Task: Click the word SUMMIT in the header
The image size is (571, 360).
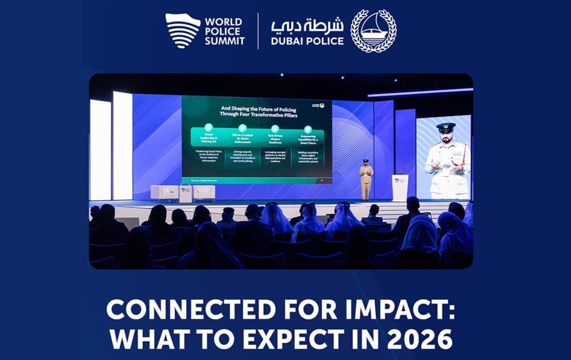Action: (x=225, y=41)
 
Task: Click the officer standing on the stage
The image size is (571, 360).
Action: (x=366, y=180)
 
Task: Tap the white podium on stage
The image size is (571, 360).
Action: (x=400, y=187)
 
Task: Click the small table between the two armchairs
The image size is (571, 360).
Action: (x=186, y=194)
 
